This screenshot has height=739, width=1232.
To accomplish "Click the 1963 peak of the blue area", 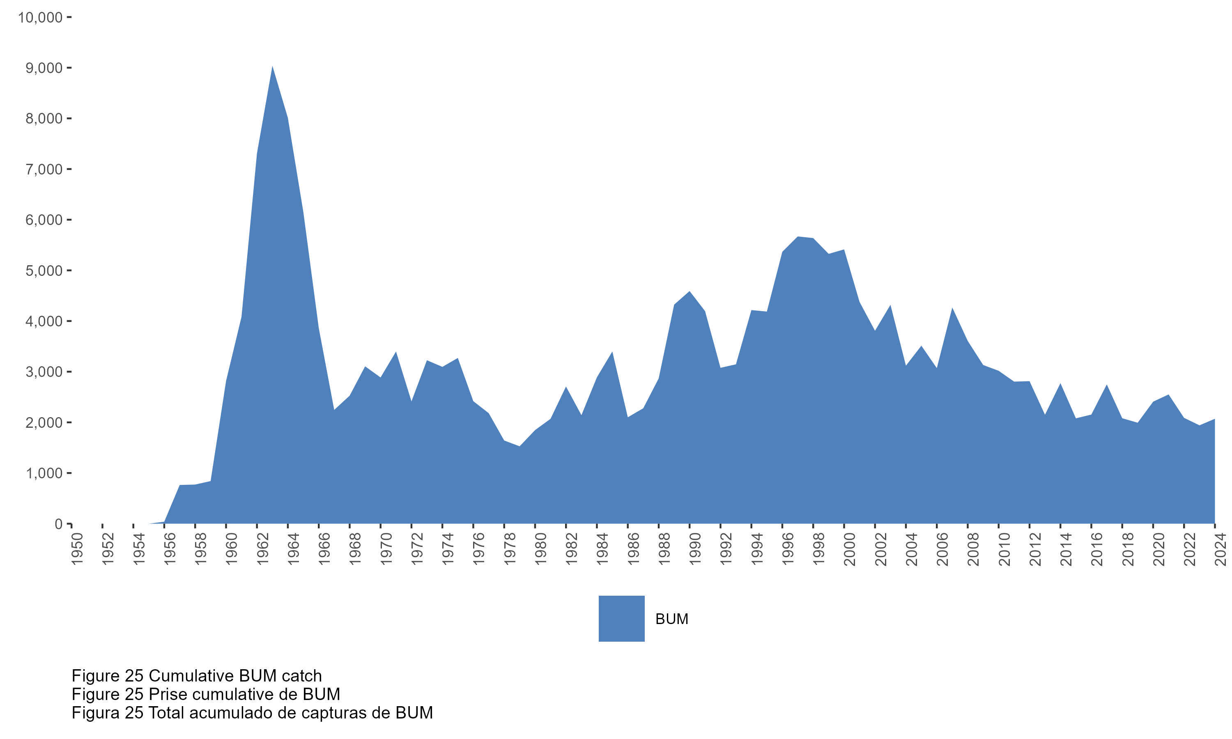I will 272,67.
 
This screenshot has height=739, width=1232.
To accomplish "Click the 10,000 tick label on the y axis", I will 40,18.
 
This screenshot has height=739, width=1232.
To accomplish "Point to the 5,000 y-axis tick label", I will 44,271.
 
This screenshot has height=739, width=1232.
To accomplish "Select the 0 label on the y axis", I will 59,524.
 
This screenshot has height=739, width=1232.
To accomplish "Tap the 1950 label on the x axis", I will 77,549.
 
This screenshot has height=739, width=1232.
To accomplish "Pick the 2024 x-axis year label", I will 1221,549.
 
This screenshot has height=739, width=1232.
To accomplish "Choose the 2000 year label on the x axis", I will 850,549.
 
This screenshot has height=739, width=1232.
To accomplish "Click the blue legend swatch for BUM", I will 621,618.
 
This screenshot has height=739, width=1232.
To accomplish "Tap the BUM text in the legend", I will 672,619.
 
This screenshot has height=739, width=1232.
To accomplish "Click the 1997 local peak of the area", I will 798,238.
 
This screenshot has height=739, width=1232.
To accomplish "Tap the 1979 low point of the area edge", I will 519,446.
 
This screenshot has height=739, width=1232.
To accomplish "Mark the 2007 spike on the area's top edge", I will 952,309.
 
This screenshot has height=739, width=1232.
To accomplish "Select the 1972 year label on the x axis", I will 417,549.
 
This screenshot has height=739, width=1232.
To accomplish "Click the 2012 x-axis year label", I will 1035,549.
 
